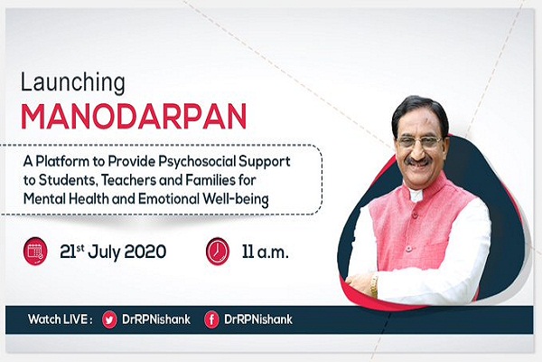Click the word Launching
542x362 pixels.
click(73, 83)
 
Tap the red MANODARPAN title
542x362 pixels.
click(134, 117)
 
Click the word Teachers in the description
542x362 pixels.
click(140, 180)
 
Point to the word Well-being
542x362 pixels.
click(236, 199)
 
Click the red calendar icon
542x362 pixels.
click(35, 251)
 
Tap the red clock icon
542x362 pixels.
click(218, 251)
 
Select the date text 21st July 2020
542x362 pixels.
click(113, 252)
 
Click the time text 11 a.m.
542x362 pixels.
click(265, 252)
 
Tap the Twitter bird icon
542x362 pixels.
click(109, 319)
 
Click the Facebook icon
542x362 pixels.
click(211, 319)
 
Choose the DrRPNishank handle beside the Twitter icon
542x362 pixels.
click(156, 319)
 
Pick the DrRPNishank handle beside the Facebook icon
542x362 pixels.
click(258, 319)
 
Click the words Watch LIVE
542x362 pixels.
click(61, 319)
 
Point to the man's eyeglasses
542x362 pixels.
click(420, 142)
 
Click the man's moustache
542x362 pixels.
click(419, 161)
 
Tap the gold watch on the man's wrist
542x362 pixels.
click(374, 285)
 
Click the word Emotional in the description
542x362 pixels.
click(169, 199)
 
